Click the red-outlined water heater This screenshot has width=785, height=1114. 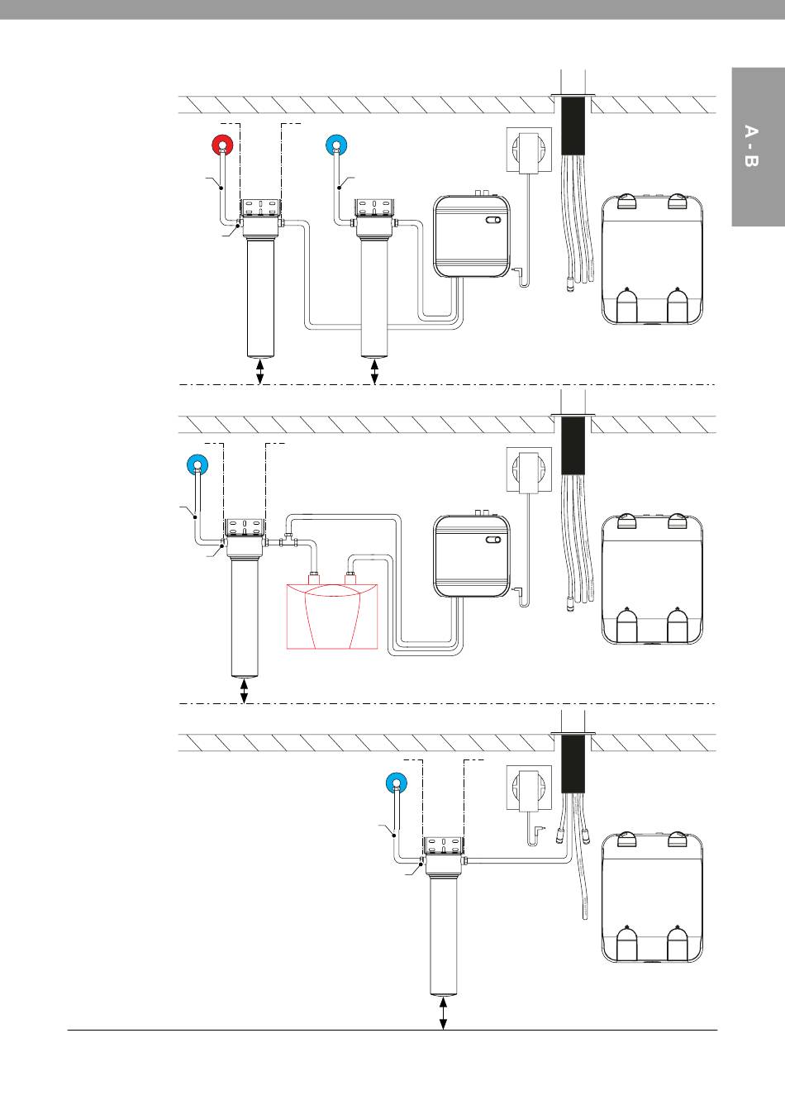coord(332,617)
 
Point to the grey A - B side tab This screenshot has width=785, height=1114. coord(759,147)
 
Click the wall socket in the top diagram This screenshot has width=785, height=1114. coord(529,150)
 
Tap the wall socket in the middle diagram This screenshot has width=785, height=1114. coord(529,469)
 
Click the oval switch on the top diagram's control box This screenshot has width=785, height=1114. coord(493,221)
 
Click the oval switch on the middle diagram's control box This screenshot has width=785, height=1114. coord(493,540)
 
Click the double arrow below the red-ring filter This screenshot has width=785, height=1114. coord(259,372)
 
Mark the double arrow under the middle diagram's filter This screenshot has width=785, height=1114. coord(244,691)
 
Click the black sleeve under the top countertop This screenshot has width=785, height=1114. coord(573,126)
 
